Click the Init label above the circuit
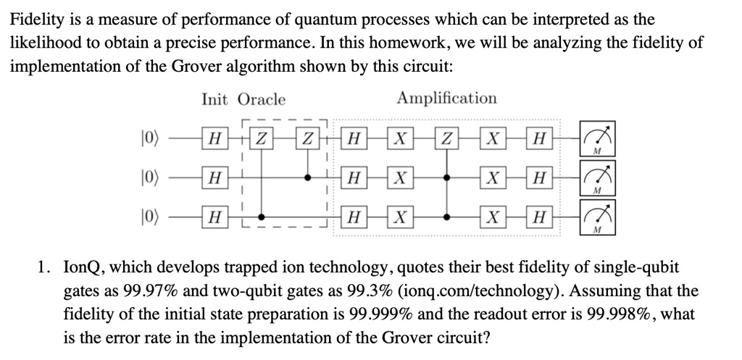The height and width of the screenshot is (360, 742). [x=215, y=100]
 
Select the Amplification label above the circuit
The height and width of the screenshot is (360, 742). [x=446, y=99]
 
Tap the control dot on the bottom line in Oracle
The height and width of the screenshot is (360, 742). [x=262, y=216]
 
